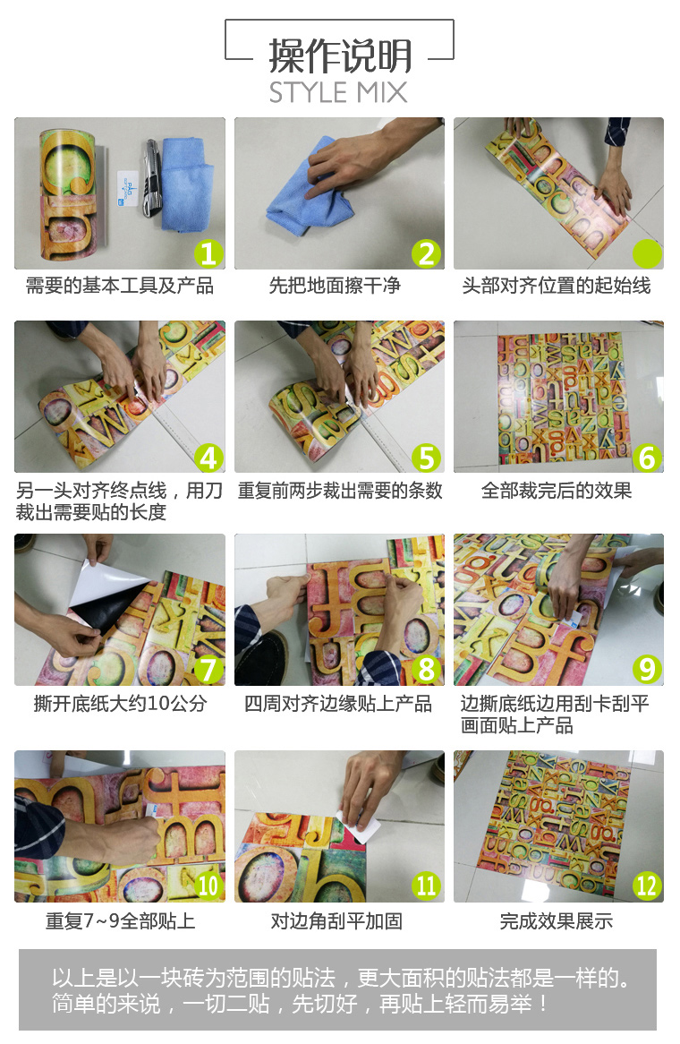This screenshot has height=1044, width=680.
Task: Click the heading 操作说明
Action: click(x=340, y=56)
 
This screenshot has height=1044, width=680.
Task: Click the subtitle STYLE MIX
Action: click(x=338, y=92)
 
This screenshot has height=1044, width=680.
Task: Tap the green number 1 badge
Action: click(x=209, y=253)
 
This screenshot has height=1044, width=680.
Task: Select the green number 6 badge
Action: click(x=647, y=458)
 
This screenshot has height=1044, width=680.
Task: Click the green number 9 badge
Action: click(x=647, y=669)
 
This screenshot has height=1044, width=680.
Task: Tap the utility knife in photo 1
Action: click(x=152, y=178)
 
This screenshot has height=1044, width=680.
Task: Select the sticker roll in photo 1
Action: click(x=69, y=193)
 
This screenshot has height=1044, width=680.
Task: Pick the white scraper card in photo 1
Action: click(x=128, y=188)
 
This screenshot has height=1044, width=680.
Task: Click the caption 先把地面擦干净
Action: click(x=335, y=286)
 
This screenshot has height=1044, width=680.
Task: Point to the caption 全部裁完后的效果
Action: click(x=557, y=491)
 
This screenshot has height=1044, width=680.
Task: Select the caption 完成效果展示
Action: click(x=557, y=920)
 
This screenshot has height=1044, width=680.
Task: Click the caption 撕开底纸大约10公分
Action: click(x=121, y=703)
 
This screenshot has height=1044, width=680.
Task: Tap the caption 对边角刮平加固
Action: click(x=336, y=920)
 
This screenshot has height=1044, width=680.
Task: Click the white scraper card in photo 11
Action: click(x=360, y=827)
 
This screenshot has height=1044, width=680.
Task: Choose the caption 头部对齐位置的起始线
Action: click(x=557, y=286)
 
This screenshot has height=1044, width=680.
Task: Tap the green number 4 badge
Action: click(x=209, y=458)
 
